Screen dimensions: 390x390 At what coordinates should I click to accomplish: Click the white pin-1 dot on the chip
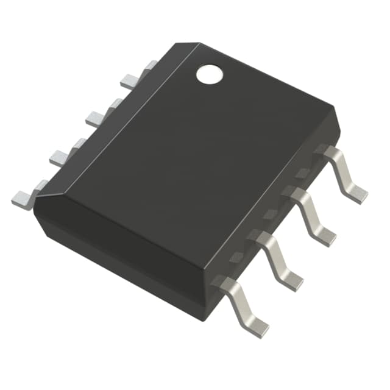click(209, 74)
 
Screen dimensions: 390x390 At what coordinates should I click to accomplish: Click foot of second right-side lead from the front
click(291, 280)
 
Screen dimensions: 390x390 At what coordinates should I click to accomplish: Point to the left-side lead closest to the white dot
click(131, 80)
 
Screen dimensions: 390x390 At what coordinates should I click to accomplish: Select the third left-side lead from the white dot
click(61, 157)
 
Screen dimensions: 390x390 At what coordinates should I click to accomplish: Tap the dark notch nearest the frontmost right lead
click(235, 258)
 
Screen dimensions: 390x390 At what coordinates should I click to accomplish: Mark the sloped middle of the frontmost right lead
click(238, 304)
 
